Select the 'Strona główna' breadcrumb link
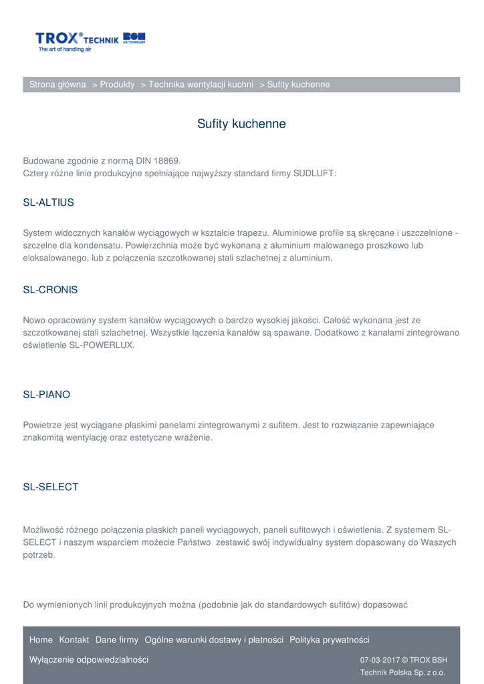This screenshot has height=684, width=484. point(57,85)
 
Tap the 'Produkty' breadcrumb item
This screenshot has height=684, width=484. point(117,85)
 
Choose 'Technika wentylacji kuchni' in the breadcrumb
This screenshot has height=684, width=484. point(201,85)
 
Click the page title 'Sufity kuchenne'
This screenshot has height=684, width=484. point(241,124)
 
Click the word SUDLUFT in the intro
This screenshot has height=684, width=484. point(314,174)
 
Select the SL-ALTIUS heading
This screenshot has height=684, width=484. point(49,202)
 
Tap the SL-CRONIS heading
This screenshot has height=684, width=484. point(50,290)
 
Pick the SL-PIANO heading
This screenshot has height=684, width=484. point(46,395)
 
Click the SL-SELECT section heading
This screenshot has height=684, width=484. point(51,487)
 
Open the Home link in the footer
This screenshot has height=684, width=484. point(41,640)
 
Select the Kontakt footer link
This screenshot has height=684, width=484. point(74,640)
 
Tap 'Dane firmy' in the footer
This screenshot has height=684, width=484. point(117,640)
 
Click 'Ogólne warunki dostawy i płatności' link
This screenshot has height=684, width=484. point(214,640)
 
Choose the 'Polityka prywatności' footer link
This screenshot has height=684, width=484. point(330,640)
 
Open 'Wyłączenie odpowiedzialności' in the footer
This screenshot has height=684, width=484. point(89,660)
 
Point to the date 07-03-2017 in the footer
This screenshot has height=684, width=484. point(379,660)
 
